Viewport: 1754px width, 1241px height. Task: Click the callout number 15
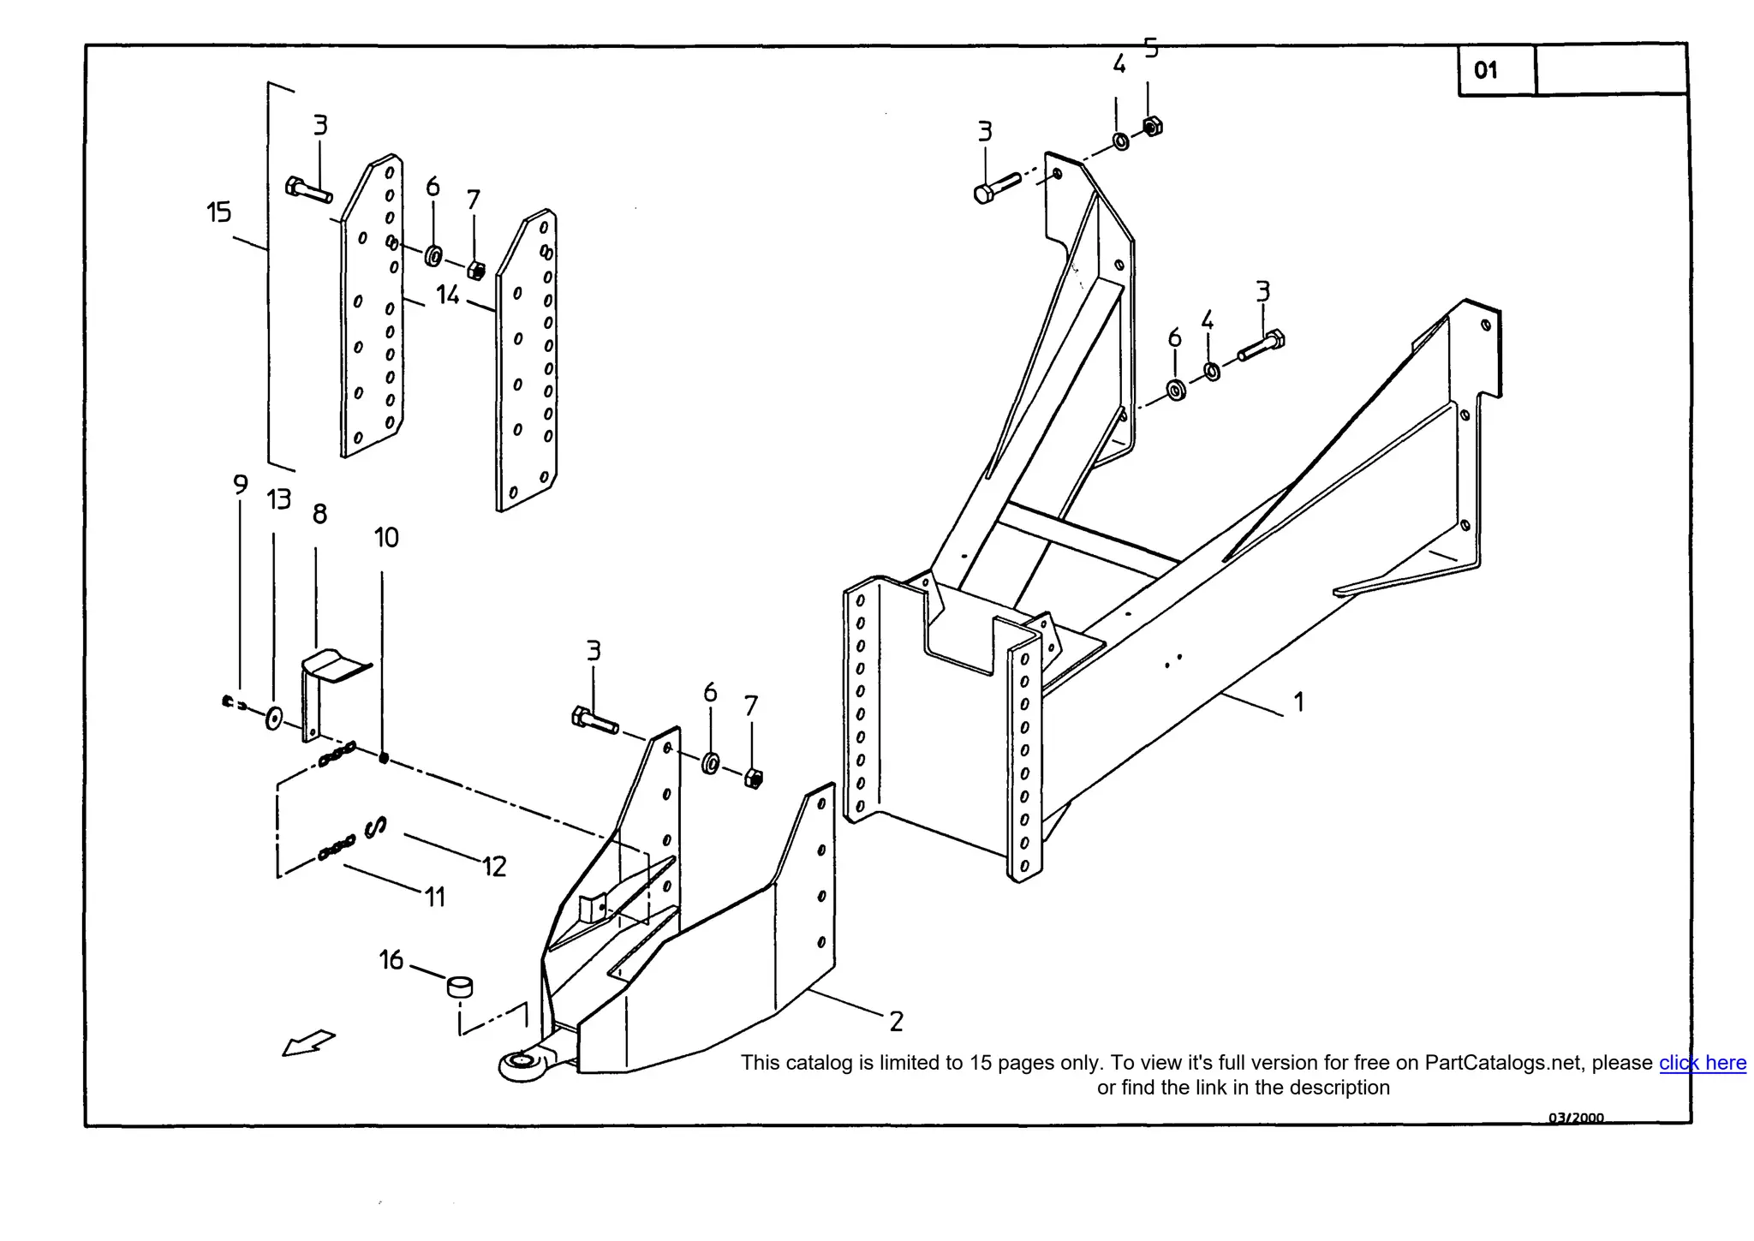(x=218, y=212)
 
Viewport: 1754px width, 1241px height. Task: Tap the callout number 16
(x=391, y=960)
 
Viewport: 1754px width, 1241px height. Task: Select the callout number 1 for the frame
(x=1298, y=702)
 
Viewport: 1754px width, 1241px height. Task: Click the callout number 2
(x=896, y=1021)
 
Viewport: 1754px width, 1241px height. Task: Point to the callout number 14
(x=447, y=295)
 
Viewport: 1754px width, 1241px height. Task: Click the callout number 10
(x=386, y=538)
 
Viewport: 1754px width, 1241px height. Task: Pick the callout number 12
(x=494, y=867)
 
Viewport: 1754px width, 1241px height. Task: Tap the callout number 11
(x=435, y=898)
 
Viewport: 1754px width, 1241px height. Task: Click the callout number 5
(x=1151, y=49)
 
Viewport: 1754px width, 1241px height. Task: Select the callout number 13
(x=278, y=499)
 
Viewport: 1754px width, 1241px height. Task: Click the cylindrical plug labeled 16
(x=460, y=987)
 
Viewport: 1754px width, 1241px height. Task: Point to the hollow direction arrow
(x=308, y=1042)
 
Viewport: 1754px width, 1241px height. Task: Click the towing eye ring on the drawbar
(x=521, y=1065)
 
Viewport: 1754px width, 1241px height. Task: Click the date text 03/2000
(x=1575, y=1117)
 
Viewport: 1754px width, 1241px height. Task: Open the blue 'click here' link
(x=1702, y=1063)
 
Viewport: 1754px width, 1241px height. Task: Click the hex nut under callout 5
(x=1153, y=127)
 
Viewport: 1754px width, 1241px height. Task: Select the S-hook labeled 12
(x=375, y=826)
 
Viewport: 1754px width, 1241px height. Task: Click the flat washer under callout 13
(x=274, y=718)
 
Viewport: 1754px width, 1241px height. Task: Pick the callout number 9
(x=241, y=485)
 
